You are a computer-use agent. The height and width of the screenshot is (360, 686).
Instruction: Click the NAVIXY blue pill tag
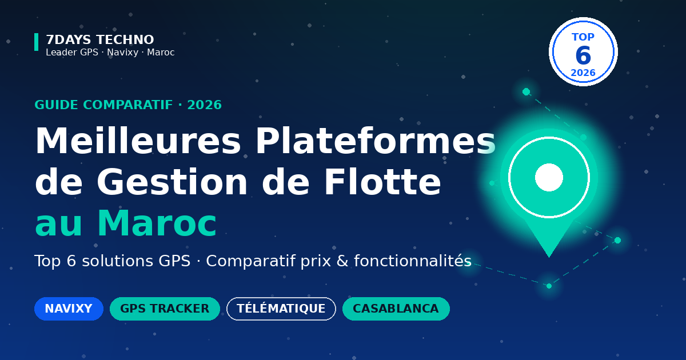pyautogui.click(x=69, y=309)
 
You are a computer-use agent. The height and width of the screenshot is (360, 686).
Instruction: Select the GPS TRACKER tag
pyautogui.click(x=165, y=309)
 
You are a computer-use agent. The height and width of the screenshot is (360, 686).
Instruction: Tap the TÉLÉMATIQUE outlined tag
pyautogui.click(x=281, y=309)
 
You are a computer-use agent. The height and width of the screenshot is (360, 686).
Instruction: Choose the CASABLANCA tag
pyautogui.click(x=396, y=309)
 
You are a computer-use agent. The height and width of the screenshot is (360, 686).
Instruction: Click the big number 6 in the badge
pyautogui.click(x=583, y=55)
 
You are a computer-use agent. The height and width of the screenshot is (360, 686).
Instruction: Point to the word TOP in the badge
pyautogui.click(x=583, y=37)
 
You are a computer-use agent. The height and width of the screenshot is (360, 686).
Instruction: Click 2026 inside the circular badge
pyautogui.click(x=583, y=73)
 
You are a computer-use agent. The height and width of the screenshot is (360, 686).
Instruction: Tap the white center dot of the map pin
pyautogui.click(x=549, y=178)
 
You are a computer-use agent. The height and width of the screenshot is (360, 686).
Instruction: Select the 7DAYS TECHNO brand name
pyautogui.click(x=100, y=40)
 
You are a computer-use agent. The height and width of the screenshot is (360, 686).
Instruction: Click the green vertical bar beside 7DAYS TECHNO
pyautogui.click(x=37, y=42)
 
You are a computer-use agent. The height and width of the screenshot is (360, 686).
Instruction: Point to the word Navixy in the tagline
pyautogui.click(x=122, y=53)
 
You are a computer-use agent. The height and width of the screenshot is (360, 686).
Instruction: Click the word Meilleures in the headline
pyautogui.click(x=138, y=141)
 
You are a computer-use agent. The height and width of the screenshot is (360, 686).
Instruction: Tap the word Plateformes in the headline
pyautogui.click(x=376, y=141)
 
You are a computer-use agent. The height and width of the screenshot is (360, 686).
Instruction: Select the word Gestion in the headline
pyautogui.click(x=173, y=182)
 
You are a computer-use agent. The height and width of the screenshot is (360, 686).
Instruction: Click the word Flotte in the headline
pyautogui.click(x=383, y=182)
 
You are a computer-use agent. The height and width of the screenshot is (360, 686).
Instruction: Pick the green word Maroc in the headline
pyautogui.click(x=157, y=223)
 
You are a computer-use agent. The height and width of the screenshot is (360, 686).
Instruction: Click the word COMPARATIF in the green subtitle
pyautogui.click(x=128, y=105)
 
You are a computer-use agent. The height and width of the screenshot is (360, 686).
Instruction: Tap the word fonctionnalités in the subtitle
pyautogui.click(x=413, y=261)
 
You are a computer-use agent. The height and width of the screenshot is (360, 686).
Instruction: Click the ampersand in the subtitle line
pyautogui.click(x=342, y=261)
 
